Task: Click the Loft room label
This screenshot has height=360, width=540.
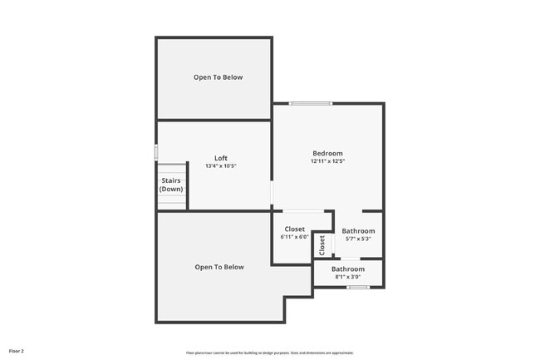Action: click(x=221, y=158)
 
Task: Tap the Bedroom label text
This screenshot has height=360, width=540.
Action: click(x=327, y=153)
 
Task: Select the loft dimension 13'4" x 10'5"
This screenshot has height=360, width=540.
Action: click(x=221, y=166)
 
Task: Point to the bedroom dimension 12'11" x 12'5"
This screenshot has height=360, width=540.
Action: click(x=327, y=161)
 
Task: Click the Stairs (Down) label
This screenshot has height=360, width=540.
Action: click(x=171, y=185)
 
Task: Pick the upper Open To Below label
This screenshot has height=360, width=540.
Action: click(x=218, y=77)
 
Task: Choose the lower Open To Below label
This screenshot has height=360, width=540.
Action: click(x=219, y=267)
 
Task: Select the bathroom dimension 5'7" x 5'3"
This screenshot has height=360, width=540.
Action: click(x=359, y=239)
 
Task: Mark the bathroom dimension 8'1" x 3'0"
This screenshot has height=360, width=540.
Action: click(x=348, y=277)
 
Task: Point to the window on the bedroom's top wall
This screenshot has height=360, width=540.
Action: click(x=311, y=103)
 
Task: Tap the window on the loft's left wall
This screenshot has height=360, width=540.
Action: click(x=156, y=152)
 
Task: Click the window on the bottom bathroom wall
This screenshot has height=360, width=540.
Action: click(x=358, y=288)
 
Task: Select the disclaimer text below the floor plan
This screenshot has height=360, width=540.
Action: click(x=269, y=353)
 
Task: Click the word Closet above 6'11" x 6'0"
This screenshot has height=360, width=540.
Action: click(x=295, y=229)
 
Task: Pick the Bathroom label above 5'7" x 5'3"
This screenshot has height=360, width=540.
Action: click(x=359, y=231)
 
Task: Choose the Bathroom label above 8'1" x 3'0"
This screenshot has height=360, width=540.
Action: click(x=348, y=269)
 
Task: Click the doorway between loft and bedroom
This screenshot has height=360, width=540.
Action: click(x=272, y=194)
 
